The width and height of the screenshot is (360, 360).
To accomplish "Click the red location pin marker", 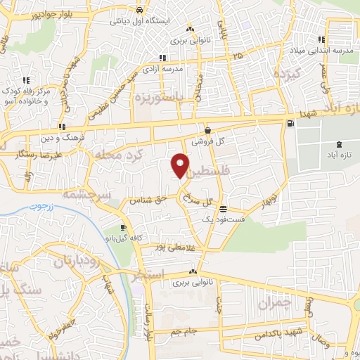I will tap(181, 165).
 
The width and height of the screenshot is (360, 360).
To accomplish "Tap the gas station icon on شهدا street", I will tap(290, 124).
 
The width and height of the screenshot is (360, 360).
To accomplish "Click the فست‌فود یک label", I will tap(223, 220).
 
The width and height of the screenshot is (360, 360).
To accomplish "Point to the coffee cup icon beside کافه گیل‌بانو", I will tap(124, 228).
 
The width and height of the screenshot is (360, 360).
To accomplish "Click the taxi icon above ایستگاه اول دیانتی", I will tap(141, 11).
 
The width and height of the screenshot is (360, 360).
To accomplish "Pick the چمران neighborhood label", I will tap(274, 303).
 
